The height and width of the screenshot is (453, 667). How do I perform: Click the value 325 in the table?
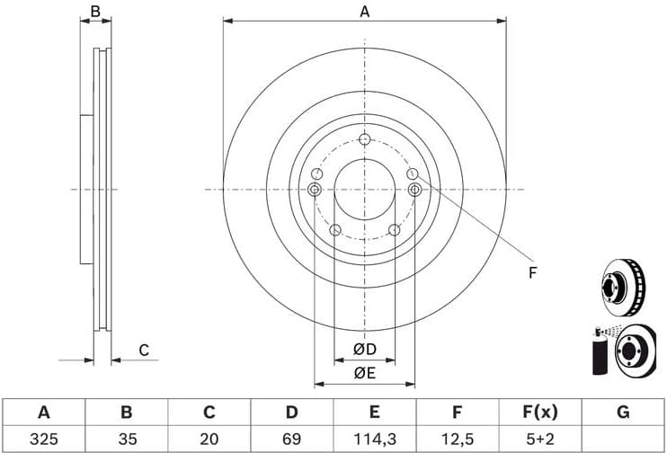click(43, 439)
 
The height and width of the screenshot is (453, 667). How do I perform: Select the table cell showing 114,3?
click(374, 439)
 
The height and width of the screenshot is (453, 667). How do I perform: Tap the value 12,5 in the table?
click(457, 439)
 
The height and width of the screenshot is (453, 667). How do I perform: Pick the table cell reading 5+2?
click(539, 439)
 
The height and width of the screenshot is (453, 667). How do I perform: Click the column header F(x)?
click(539, 413)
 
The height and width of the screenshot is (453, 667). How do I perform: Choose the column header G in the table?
click(622, 413)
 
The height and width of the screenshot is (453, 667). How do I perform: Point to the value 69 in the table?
click(291, 439)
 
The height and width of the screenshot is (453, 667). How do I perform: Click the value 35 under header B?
click(127, 439)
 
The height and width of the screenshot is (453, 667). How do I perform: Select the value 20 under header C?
click(209, 439)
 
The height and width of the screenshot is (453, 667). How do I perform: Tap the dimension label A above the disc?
click(365, 12)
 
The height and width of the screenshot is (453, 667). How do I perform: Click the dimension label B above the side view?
click(95, 12)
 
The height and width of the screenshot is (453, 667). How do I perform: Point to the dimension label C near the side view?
click(142, 350)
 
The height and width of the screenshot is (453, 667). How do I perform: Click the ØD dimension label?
click(364, 349)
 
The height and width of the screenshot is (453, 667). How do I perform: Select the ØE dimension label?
click(364, 373)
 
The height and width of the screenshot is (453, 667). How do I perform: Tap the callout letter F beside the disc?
click(531, 272)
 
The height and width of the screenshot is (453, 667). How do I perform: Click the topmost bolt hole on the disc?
click(364, 139)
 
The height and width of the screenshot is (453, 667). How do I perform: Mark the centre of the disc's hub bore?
click(364, 190)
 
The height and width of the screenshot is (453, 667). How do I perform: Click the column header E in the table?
click(374, 413)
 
